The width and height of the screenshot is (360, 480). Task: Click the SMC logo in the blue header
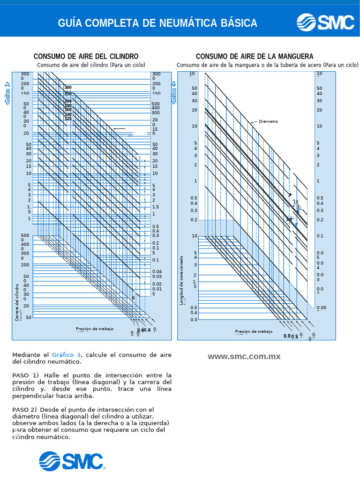[325, 22]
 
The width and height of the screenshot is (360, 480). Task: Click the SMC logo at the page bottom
[71, 461]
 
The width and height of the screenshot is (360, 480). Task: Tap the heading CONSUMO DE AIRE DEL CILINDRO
[86, 57]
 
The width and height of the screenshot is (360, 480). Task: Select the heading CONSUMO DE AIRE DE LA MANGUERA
[255, 57]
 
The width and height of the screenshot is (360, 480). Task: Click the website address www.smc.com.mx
[244, 356]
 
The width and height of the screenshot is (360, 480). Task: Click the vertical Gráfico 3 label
[7, 93]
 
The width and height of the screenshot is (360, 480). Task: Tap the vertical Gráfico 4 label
[174, 92]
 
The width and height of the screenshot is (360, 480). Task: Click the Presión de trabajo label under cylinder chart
[95, 329]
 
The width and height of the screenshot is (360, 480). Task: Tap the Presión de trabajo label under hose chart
[254, 331]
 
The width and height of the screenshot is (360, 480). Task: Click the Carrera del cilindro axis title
[16, 302]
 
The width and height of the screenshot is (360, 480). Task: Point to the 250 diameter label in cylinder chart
[68, 93]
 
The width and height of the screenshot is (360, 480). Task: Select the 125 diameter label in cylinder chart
[68, 119]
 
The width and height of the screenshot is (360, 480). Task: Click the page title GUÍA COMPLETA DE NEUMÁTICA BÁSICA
[157, 23]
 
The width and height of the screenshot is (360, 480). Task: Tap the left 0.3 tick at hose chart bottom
[194, 319]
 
